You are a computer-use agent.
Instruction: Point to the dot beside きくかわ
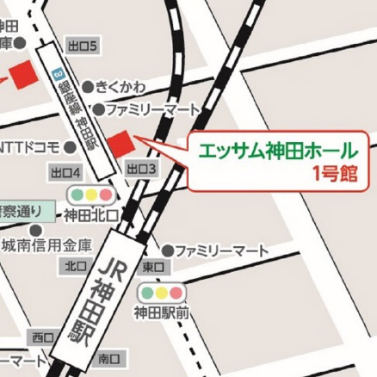click(x=88, y=87)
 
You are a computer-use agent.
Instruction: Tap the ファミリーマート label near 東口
click(x=222, y=250)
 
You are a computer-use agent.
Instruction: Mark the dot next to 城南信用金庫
click(x=34, y=231)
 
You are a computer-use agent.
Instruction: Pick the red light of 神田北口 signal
click(x=108, y=194)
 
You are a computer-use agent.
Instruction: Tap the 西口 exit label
click(x=41, y=337)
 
